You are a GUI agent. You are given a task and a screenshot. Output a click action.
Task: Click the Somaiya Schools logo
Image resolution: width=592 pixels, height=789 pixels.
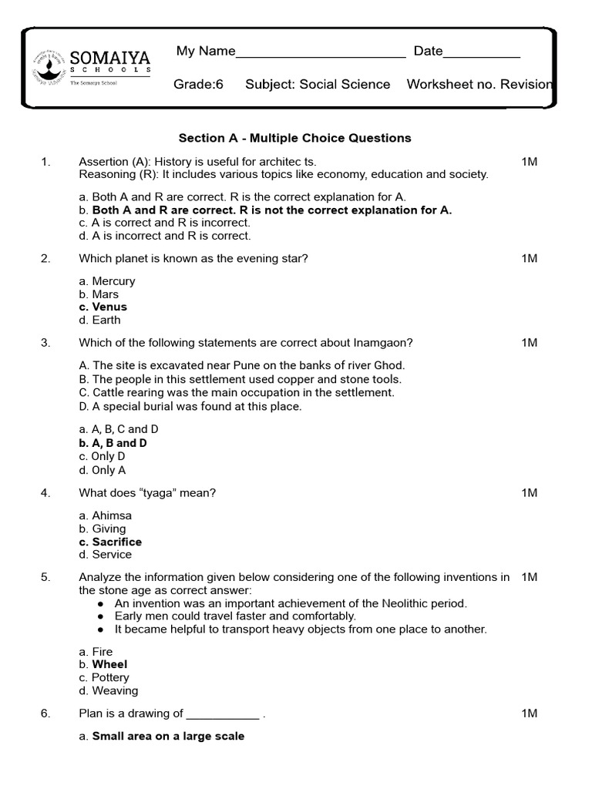tap(90, 65)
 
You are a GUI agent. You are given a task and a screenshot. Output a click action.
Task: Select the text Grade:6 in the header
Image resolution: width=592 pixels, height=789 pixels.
tap(198, 84)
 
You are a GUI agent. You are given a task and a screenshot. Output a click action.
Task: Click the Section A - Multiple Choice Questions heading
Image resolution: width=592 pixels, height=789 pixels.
tap(295, 138)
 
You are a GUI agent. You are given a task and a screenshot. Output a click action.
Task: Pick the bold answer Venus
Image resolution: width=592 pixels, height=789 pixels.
tap(109, 307)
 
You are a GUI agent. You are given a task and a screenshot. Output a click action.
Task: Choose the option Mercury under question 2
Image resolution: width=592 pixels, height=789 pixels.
tap(113, 281)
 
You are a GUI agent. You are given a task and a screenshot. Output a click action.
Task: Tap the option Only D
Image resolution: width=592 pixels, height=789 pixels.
tap(109, 456)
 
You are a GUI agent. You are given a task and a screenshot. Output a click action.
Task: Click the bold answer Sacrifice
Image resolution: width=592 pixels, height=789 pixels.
tap(116, 542)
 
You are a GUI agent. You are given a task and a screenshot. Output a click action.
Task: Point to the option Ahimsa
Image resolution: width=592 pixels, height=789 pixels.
tap(112, 515)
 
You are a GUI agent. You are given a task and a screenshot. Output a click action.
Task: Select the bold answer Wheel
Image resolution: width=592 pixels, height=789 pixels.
tap(109, 664)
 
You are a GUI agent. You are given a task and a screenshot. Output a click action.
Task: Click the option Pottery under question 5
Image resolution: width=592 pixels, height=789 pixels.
tap(110, 677)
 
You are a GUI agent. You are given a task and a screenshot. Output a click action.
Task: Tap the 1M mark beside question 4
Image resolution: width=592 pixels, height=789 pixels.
tap(529, 492)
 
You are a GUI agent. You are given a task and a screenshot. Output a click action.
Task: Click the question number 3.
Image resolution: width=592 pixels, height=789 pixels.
tap(45, 342)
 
